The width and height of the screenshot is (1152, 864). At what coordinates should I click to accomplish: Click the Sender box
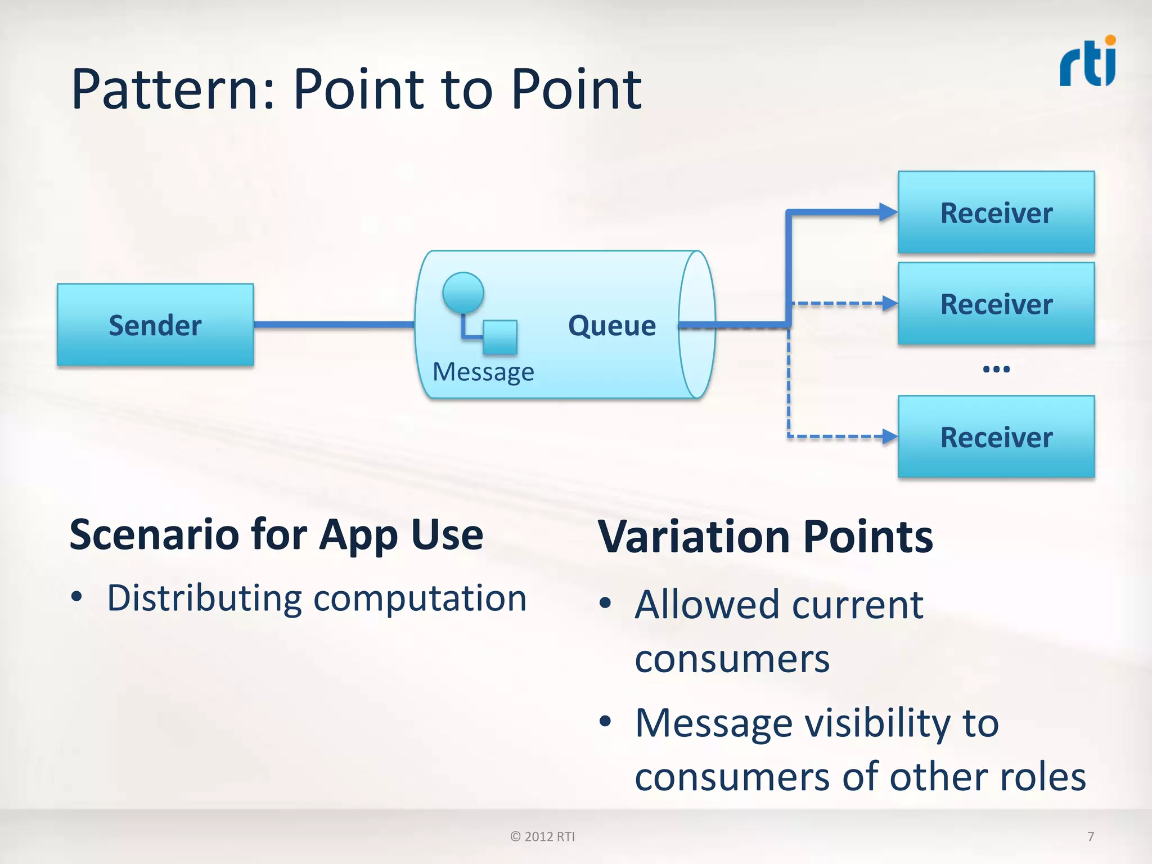coord(155,325)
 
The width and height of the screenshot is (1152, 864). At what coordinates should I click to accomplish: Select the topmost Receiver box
coord(996,213)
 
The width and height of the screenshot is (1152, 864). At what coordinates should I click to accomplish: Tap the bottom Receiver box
coord(996,437)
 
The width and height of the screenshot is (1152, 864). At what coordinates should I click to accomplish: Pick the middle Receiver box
coord(996,304)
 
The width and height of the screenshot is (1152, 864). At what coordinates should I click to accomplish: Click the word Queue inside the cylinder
coord(612,326)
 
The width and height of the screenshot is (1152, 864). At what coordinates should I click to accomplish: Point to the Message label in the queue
coord(483,372)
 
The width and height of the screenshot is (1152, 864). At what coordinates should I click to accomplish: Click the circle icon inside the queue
coord(463,292)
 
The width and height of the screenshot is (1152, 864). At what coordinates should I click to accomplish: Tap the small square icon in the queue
coord(500,337)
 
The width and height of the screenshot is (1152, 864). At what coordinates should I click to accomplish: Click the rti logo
coord(1088,63)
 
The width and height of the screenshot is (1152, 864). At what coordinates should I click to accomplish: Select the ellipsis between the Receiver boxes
coord(996,370)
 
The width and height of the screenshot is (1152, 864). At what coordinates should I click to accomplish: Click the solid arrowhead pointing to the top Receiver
coord(889,212)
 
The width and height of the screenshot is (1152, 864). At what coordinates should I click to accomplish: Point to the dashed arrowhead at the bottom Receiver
coord(890,436)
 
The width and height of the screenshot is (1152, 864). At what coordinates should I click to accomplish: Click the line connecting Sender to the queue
coord(334,325)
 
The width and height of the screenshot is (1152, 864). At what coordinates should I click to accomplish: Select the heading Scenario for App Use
coord(276,534)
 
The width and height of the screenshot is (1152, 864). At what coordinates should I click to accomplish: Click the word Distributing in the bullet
coord(205,598)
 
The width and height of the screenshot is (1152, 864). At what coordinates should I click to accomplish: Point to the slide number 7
coord(1091,836)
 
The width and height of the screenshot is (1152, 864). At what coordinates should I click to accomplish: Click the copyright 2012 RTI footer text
coord(542,836)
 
